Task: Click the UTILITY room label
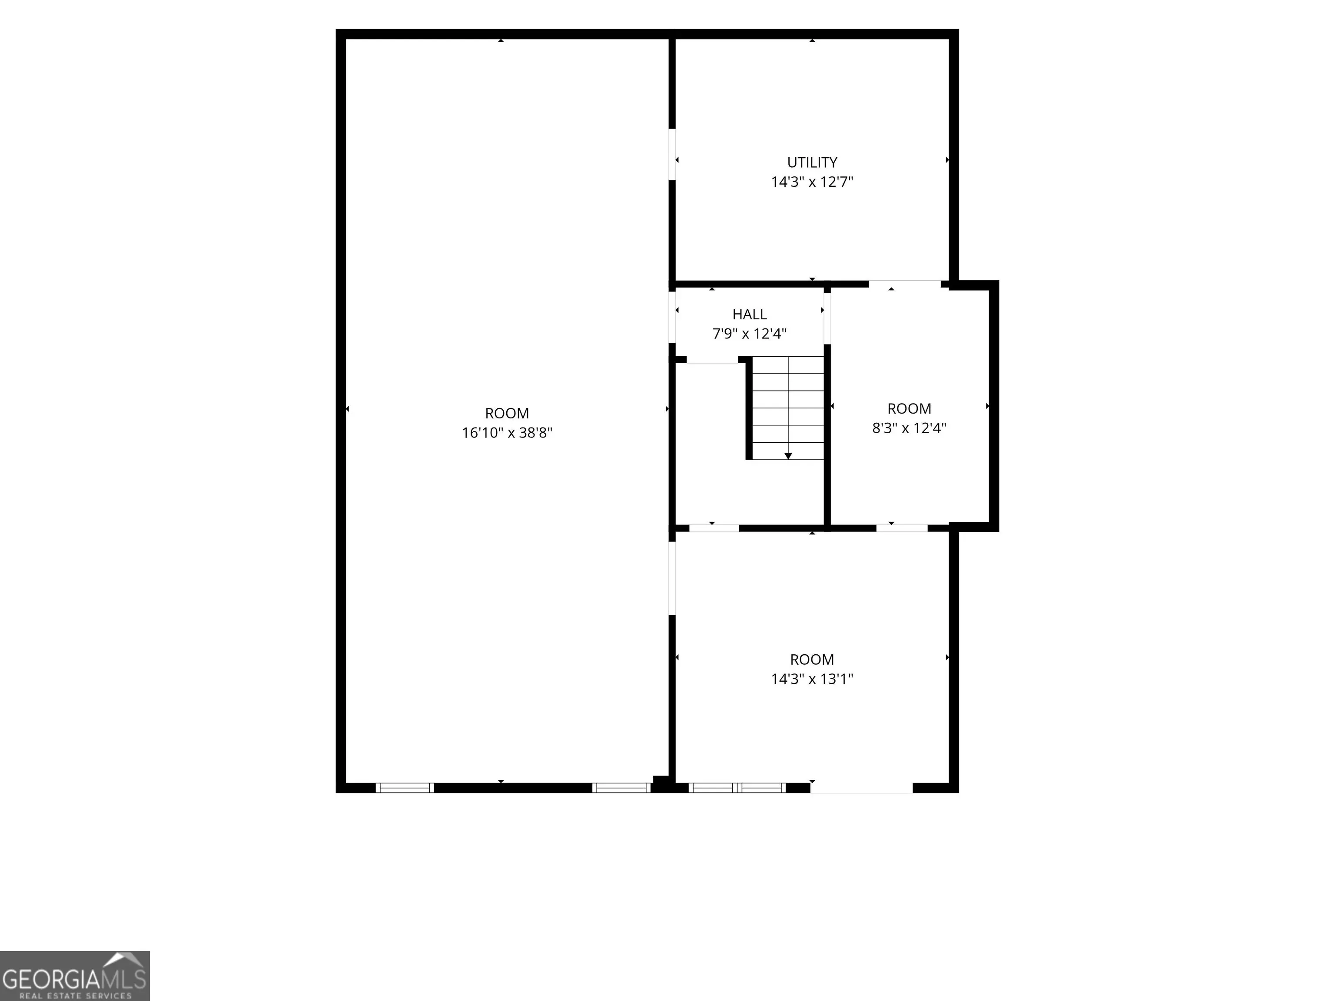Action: pos(812,162)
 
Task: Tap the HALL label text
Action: pos(750,315)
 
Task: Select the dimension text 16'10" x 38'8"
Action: pos(507,433)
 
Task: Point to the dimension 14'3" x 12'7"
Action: pos(812,182)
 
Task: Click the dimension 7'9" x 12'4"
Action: pos(750,334)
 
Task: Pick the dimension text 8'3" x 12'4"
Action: pos(909,428)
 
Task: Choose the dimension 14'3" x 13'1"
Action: pos(812,679)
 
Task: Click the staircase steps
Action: pos(787,408)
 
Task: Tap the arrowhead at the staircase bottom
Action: pos(787,456)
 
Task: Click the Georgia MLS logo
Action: pos(75,976)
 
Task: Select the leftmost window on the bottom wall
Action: pos(404,787)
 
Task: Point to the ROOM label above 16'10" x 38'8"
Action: pos(507,413)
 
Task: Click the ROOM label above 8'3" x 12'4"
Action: pos(909,408)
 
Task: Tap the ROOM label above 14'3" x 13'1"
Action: pos(812,660)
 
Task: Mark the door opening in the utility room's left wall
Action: pos(672,155)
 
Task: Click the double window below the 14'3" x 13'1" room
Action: pos(737,787)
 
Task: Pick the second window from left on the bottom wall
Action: pos(621,787)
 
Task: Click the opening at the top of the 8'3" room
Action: pos(905,284)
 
